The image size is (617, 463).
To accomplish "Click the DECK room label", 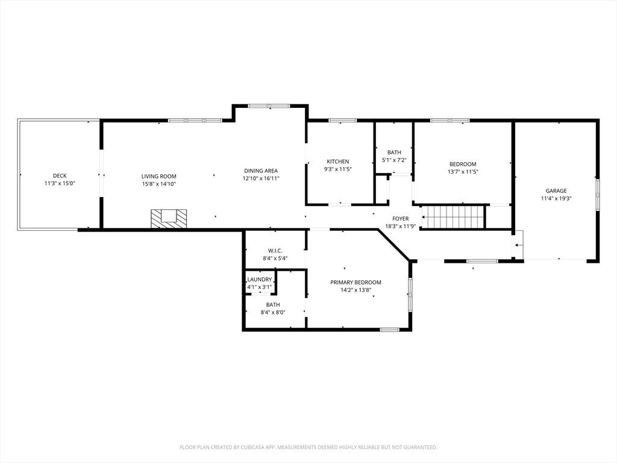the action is pos(60,175).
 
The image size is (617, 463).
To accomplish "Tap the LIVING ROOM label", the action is pos(159,177).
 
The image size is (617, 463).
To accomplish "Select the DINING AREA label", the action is pos(261,171).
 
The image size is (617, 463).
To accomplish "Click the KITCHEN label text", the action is pos(338,162).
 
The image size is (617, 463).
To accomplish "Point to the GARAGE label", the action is pos(556,191).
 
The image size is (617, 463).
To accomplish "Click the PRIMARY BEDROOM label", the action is pos(355,282).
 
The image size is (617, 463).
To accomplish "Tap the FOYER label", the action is pos(401,218).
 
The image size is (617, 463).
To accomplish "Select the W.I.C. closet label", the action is pos(275,251).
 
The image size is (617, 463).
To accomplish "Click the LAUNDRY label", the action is pos(259,280).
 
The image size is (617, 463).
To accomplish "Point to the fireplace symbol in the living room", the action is pos(169,218).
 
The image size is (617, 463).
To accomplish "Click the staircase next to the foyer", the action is pos(453,217).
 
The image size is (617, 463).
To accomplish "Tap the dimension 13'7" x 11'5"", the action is pos(463,172).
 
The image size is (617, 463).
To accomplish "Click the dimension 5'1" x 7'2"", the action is pos(394,160).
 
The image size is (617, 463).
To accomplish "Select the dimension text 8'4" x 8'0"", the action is pos(273,313).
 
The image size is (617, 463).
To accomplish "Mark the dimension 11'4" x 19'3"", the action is pos(556,199).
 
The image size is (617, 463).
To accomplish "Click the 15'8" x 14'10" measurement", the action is pos(159,184).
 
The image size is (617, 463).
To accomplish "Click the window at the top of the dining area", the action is pos(269,106).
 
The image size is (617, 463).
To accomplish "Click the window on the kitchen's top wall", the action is pos(342,121).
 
